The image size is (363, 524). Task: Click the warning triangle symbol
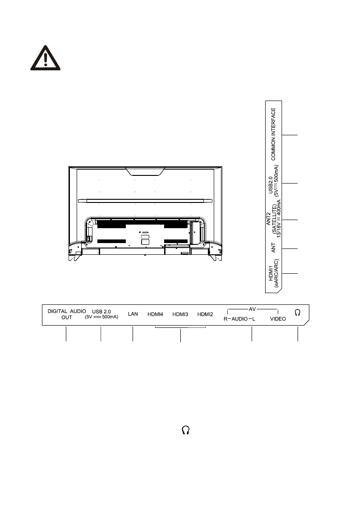coord(46,58)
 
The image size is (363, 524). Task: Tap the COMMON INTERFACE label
coord(273,134)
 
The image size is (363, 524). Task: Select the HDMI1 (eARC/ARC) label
coord(273,273)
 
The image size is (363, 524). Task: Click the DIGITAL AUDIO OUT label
coord(67,314)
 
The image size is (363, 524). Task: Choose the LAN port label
coord(133,314)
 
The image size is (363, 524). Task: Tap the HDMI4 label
coord(155,314)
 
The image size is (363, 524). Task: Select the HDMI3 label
coord(180,314)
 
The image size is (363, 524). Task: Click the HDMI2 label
coord(205,314)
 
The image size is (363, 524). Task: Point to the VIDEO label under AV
coord(278,319)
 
